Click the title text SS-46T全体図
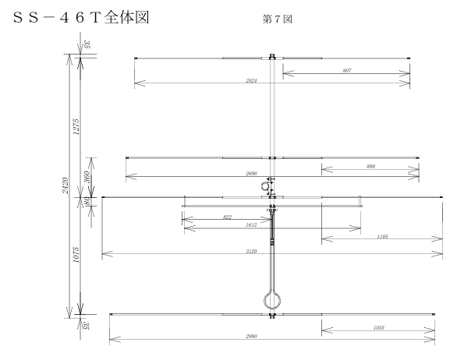[81, 18]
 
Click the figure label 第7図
[278, 19]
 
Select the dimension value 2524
[251, 80]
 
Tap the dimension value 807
[347, 70]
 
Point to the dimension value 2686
[251, 173]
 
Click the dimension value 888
[370, 167]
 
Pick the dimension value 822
[227, 217]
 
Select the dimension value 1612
[251, 225]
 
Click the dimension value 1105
[383, 236]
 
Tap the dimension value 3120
[251, 251]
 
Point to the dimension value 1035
[379, 327]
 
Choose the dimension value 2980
[251, 336]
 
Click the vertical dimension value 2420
[66, 185]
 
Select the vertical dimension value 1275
[76, 126]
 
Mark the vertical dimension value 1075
[76, 255]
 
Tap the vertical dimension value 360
[87, 177]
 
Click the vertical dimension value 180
[87, 200]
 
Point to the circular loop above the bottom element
[272, 300]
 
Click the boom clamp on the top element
[272, 57]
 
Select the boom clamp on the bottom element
[272, 316]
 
